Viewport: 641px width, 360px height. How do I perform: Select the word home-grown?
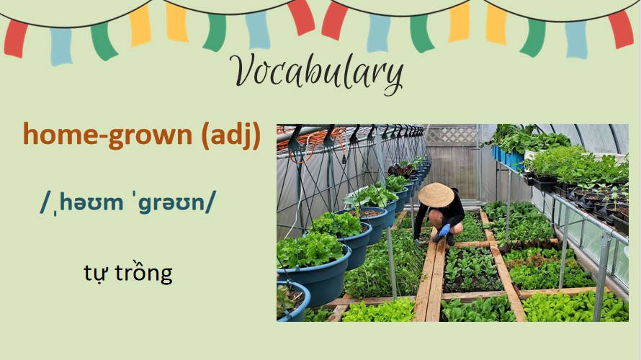pyautogui.click(x=108, y=135)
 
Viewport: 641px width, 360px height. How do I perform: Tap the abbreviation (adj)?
pyautogui.click(x=230, y=135)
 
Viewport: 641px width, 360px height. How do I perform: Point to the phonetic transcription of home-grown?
pyautogui.click(x=128, y=204)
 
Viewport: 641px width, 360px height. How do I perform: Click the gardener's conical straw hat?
pyautogui.click(x=436, y=194)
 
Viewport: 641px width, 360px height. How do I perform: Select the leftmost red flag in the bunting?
pyautogui.click(x=15, y=37)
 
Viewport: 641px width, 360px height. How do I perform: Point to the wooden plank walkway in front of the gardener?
pyautogui.click(x=429, y=281)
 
